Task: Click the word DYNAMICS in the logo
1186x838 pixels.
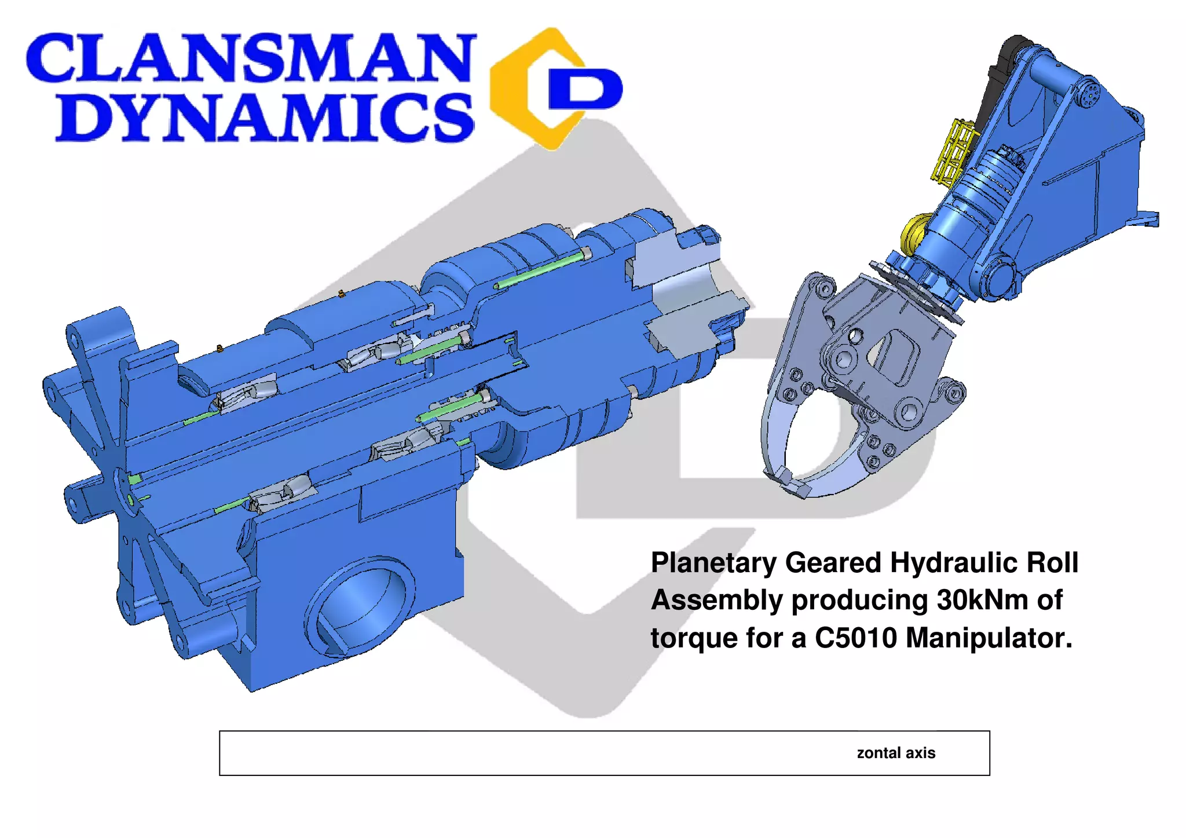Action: click(263, 118)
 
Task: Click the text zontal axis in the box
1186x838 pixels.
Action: click(895, 753)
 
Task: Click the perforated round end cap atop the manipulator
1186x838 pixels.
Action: click(1089, 93)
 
